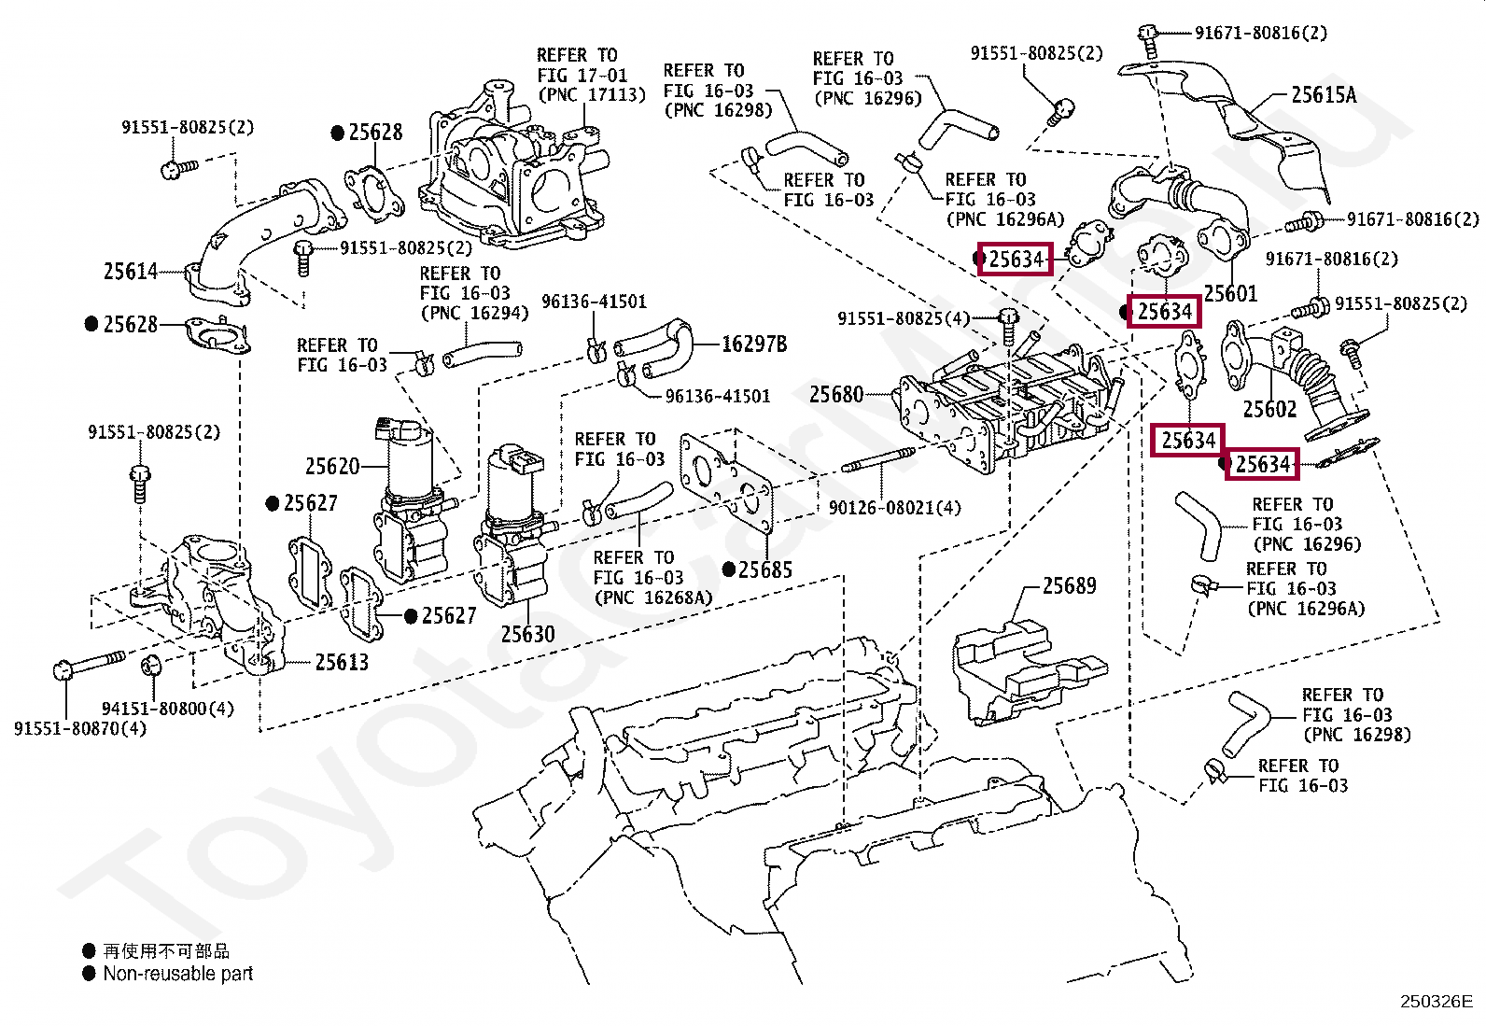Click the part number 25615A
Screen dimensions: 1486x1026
tap(1324, 95)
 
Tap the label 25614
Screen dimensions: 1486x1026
tap(131, 271)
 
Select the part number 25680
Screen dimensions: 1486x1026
tap(836, 394)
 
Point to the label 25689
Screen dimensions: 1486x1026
tap(1070, 585)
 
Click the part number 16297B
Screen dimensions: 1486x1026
tap(754, 344)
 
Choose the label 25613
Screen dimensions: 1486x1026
tap(342, 662)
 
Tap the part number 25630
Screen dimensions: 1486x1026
tap(527, 634)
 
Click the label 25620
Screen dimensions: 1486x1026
tap(332, 466)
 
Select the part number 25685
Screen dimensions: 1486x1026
tap(764, 569)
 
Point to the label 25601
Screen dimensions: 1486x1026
tap(1230, 292)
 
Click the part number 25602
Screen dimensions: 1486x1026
tap(1269, 409)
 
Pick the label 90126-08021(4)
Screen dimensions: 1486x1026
tap(895, 508)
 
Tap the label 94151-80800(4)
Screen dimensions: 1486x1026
tap(168, 709)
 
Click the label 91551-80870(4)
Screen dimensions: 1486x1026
tap(80, 729)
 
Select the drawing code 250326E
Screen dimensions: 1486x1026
tap(1437, 1002)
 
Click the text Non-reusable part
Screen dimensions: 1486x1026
tap(178, 974)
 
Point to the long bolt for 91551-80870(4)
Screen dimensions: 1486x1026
tap(89, 664)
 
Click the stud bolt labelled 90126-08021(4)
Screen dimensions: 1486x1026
tap(877, 459)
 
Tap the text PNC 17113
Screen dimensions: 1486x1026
tap(592, 95)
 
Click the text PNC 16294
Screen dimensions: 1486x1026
tap(475, 313)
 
